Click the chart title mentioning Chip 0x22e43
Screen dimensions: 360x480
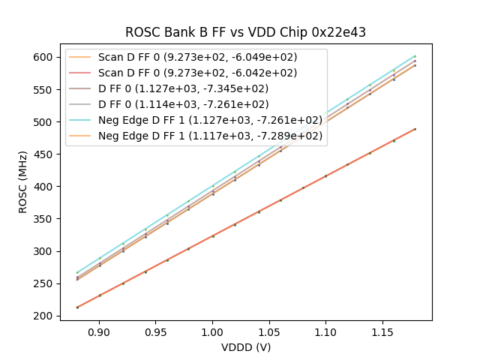[x=245, y=32]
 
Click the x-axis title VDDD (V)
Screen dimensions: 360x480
[x=245, y=347]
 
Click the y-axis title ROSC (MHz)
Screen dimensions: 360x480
[x=24, y=182]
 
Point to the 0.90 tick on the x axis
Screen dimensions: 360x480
[x=99, y=331]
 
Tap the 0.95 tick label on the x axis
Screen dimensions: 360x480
[x=156, y=331]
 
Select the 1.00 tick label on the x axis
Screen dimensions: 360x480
[x=212, y=331]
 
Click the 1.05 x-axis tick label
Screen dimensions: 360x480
[x=269, y=331]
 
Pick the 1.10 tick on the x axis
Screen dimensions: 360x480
[x=325, y=331]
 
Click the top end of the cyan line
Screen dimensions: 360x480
[x=415, y=56]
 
